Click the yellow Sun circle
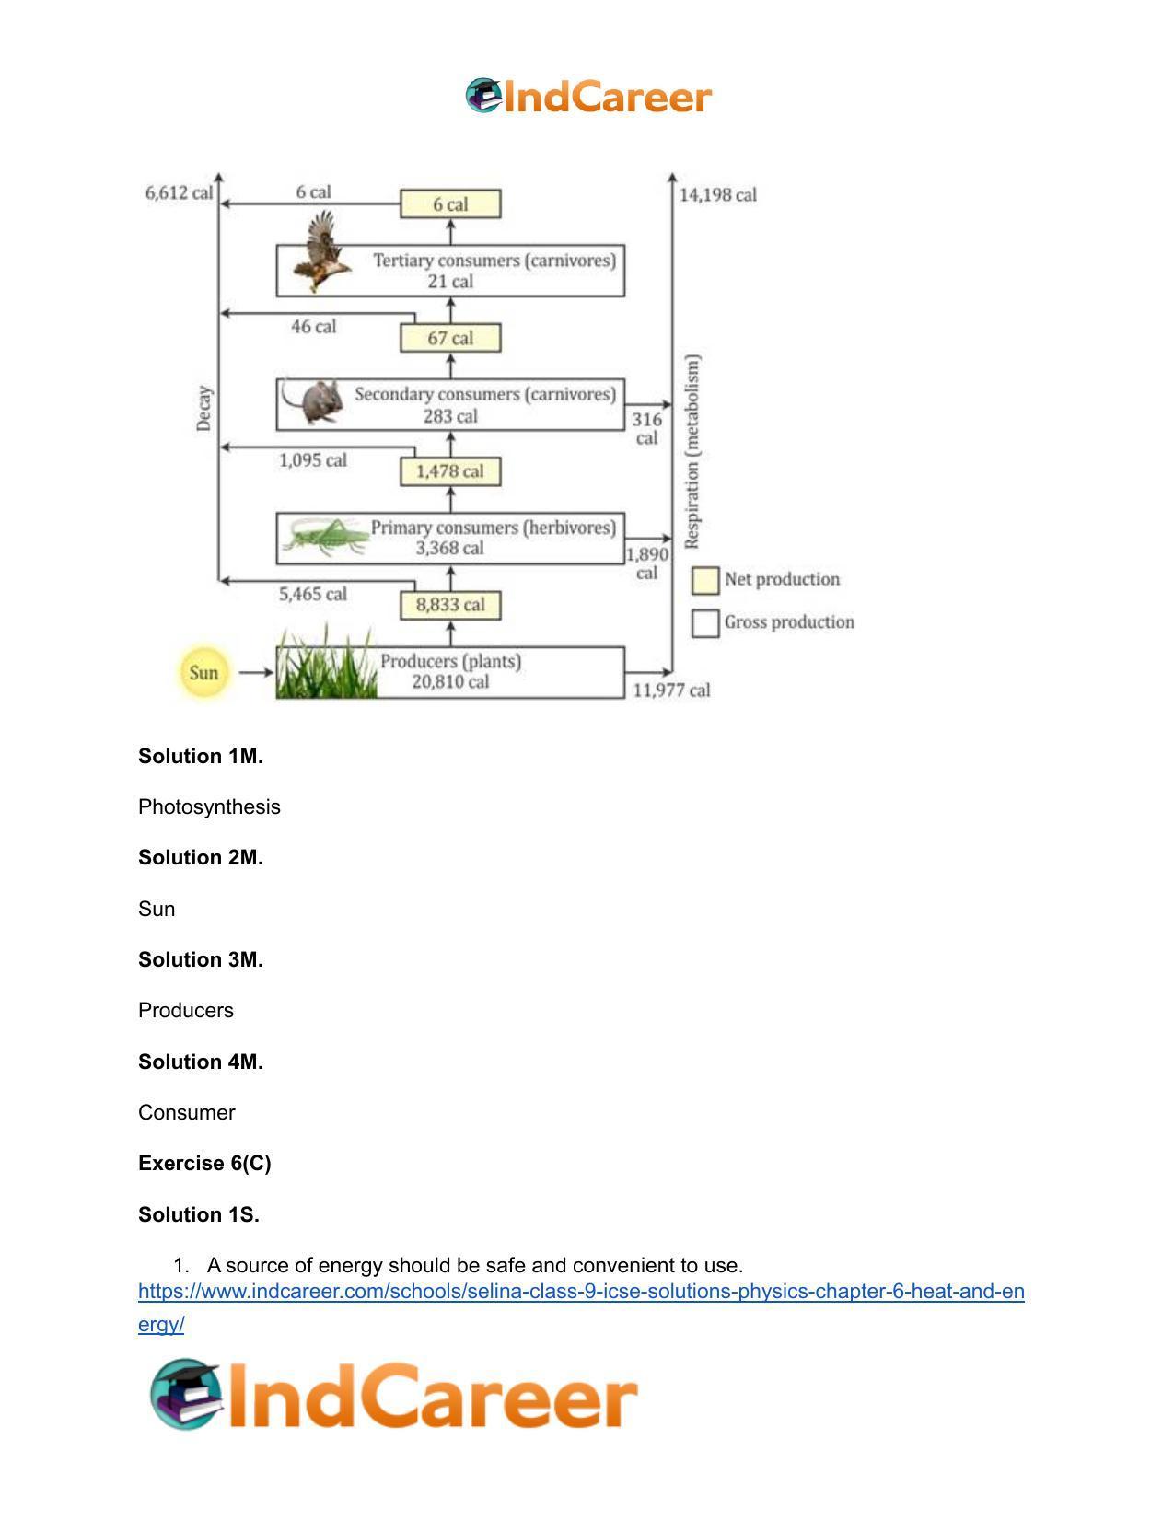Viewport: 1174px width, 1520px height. (203, 673)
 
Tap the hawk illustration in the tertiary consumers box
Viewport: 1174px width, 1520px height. (322, 252)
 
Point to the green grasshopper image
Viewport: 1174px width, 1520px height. (326, 538)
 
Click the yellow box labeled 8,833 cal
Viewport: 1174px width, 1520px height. (450, 605)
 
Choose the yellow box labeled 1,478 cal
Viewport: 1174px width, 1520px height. (450, 471)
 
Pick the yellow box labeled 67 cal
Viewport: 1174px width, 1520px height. (450, 338)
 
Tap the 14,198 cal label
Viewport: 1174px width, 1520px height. (718, 195)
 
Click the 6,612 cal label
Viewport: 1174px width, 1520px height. (180, 193)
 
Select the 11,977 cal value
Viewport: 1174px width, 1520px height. (671, 690)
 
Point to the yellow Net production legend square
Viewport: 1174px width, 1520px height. (705, 581)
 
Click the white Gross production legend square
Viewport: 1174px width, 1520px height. (705, 623)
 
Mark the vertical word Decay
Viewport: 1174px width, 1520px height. (203, 409)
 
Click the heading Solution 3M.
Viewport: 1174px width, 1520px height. (201, 959)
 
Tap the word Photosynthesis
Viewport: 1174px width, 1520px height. (209, 807)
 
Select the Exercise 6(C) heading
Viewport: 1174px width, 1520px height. (205, 1164)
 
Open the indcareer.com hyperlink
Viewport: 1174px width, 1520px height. (581, 1292)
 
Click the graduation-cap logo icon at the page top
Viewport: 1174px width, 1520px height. (484, 95)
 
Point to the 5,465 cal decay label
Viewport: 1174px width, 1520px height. (313, 594)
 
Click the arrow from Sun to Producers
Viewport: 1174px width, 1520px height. (256, 673)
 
